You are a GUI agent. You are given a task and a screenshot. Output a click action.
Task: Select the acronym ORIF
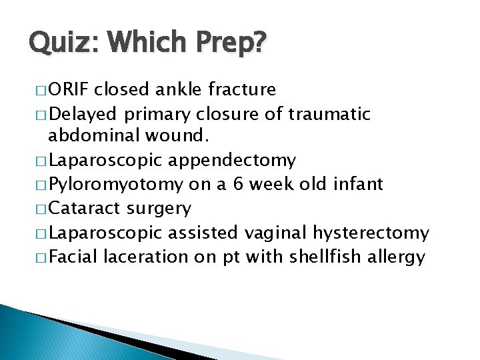[70, 89]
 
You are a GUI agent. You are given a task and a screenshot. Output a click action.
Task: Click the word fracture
[243, 89]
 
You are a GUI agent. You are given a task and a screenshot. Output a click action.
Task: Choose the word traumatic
[329, 114]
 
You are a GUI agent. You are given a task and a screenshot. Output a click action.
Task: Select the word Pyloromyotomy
[115, 185]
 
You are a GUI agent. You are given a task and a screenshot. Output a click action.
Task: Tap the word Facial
[73, 257]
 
